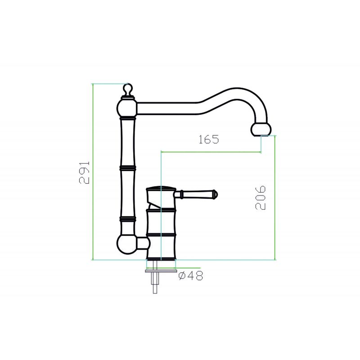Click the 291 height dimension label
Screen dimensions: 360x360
[84, 172]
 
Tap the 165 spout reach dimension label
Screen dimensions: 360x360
[209, 139]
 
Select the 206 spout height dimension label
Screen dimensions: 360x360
[261, 198]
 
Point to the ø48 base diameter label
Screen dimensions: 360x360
[191, 275]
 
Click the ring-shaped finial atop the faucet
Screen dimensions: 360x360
[128, 89]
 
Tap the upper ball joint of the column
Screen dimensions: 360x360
[127, 108]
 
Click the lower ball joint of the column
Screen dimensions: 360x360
[127, 244]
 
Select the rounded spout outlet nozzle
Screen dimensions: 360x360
[261, 129]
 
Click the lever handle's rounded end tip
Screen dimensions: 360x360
[215, 194]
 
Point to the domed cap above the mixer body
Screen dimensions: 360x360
[161, 189]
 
